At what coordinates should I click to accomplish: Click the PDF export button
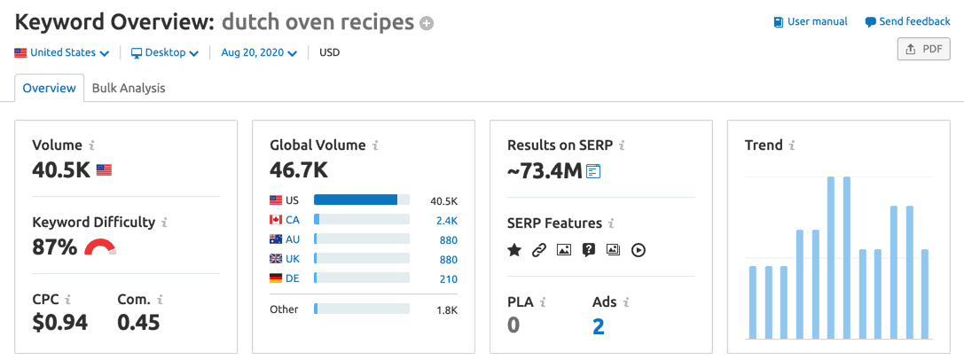pyautogui.click(x=923, y=50)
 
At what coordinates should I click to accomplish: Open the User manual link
pyautogui.click(x=811, y=21)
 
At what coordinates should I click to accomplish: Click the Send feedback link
pyautogui.click(x=907, y=21)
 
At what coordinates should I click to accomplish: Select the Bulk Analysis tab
pyautogui.click(x=129, y=88)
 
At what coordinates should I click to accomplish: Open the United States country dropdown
pyautogui.click(x=62, y=52)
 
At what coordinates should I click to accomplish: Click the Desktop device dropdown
pyautogui.click(x=165, y=52)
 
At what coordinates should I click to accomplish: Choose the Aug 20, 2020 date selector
pyautogui.click(x=258, y=52)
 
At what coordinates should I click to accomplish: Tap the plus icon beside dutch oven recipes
pyautogui.click(x=427, y=23)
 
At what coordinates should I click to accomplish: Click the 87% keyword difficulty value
pyautogui.click(x=54, y=247)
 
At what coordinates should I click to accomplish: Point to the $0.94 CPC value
pyautogui.click(x=59, y=322)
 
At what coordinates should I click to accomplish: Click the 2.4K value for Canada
pyautogui.click(x=446, y=220)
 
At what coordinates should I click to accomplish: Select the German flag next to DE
pyautogui.click(x=276, y=278)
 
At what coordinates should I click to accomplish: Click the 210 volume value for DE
pyautogui.click(x=448, y=278)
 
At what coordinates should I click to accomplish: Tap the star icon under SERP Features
pyautogui.click(x=514, y=250)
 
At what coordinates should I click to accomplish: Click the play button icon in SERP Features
pyautogui.click(x=638, y=250)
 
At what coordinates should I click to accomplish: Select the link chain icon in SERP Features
pyautogui.click(x=538, y=250)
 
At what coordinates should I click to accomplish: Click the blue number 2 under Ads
pyautogui.click(x=599, y=326)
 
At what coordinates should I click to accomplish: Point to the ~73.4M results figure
pyautogui.click(x=544, y=169)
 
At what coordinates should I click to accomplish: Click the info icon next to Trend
pyautogui.click(x=792, y=145)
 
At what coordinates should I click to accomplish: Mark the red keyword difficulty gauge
pyautogui.click(x=100, y=247)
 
